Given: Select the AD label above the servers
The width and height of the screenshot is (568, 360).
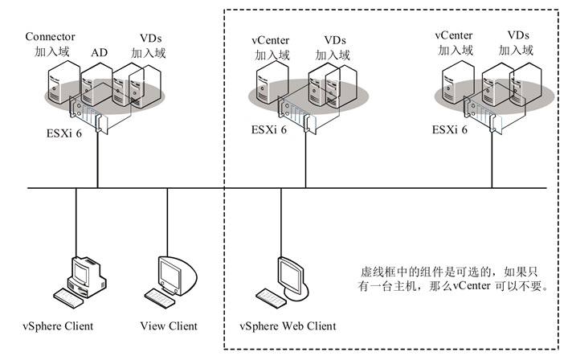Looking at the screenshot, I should click(x=99, y=52).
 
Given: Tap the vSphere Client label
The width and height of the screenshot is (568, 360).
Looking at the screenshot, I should click(x=58, y=325).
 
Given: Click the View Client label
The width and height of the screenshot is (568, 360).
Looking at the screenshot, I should click(x=169, y=325).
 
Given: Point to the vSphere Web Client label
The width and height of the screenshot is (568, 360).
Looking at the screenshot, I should click(x=288, y=326).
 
